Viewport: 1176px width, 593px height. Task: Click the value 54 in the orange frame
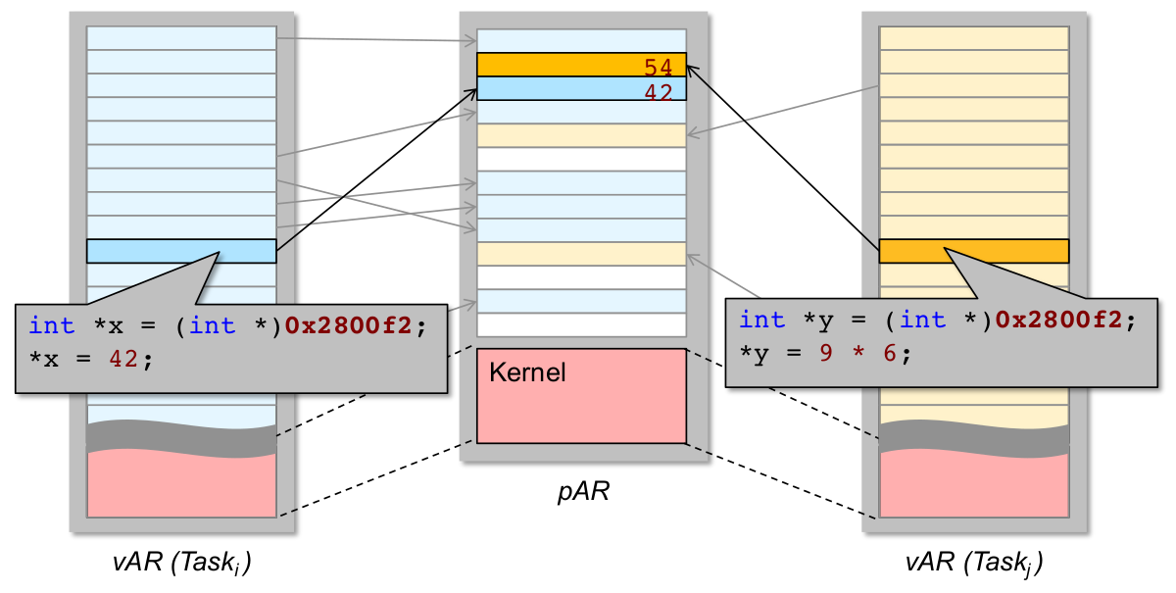pyautogui.click(x=658, y=68)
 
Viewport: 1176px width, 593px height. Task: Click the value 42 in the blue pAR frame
pyautogui.click(x=658, y=91)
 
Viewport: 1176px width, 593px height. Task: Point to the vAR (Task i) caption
pyautogui.click(x=181, y=564)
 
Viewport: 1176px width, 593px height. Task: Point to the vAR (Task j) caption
pyautogui.click(x=973, y=564)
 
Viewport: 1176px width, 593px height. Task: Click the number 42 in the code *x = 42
pyautogui.click(x=122, y=360)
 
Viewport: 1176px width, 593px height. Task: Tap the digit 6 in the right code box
pyautogui.click(x=889, y=353)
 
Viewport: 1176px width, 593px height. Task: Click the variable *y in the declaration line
pyautogui.click(x=811, y=320)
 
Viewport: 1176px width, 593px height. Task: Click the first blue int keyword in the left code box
pyautogui.click(x=51, y=325)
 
